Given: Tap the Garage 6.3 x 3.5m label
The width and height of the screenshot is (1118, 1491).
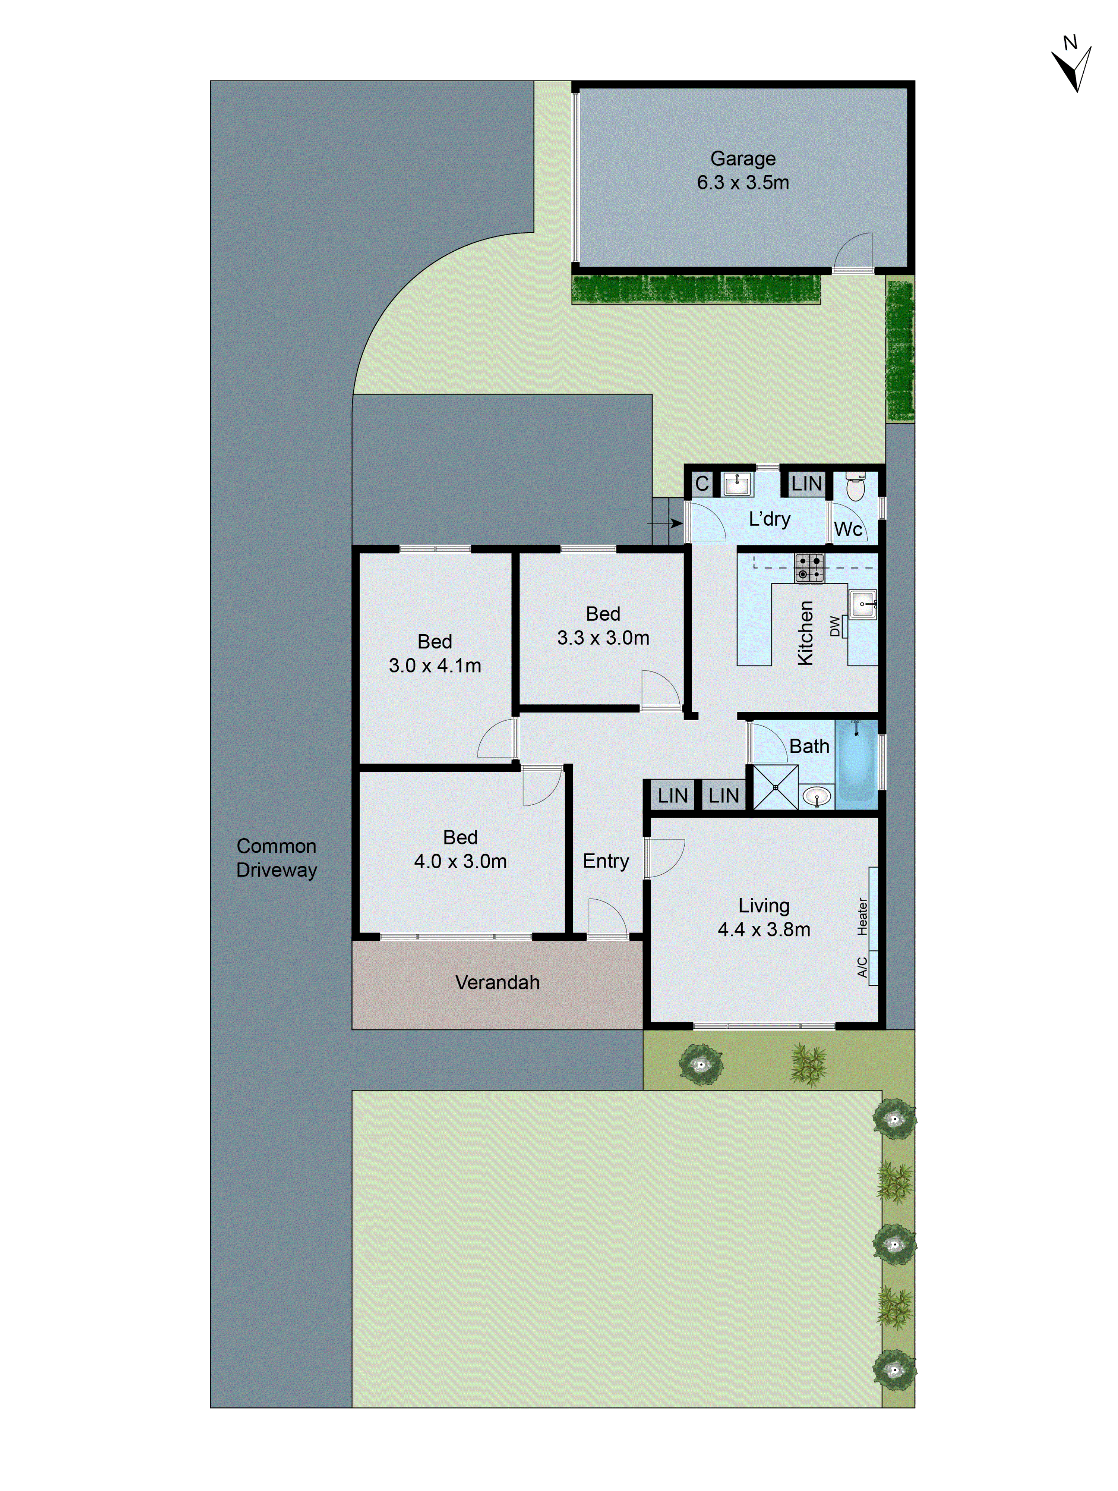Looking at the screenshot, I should (x=743, y=170).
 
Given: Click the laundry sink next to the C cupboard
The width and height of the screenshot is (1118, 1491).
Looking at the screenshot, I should (x=737, y=483).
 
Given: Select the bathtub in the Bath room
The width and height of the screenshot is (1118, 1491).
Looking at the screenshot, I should (x=856, y=760).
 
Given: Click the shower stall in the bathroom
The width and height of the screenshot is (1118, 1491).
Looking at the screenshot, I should (x=775, y=787).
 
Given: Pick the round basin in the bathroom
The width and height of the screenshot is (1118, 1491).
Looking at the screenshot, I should (x=817, y=798).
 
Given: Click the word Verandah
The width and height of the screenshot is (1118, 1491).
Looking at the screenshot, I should (x=498, y=982).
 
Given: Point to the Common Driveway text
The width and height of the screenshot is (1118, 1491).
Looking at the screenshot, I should (x=276, y=858).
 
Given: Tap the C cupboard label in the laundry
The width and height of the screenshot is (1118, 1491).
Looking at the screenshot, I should (x=701, y=483).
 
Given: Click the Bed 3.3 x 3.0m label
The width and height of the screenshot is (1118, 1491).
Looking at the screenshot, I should (x=603, y=626).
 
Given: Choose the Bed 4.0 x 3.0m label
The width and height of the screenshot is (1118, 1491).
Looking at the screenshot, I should (x=460, y=849).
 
